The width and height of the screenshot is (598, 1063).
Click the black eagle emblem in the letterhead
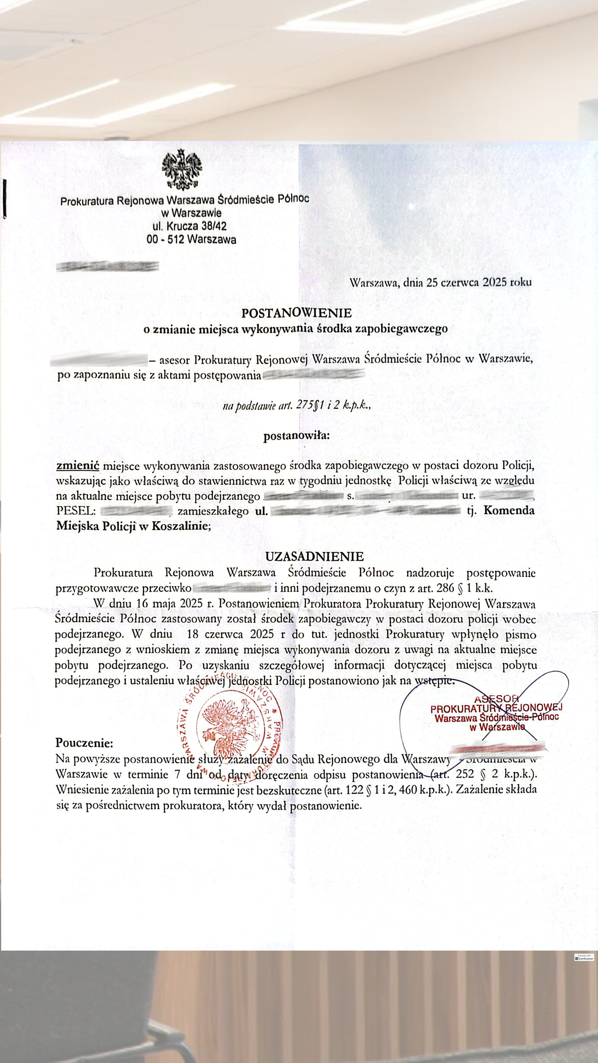(182, 169)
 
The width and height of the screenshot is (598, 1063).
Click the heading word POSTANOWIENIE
(296, 313)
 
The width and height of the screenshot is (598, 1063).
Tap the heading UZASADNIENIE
(314, 556)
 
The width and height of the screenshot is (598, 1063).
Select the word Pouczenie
(84, 743)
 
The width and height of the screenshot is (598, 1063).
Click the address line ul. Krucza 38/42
(190, 226)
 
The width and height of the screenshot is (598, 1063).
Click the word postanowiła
(296, 436)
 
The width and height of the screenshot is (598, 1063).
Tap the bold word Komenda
(508, 511)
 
